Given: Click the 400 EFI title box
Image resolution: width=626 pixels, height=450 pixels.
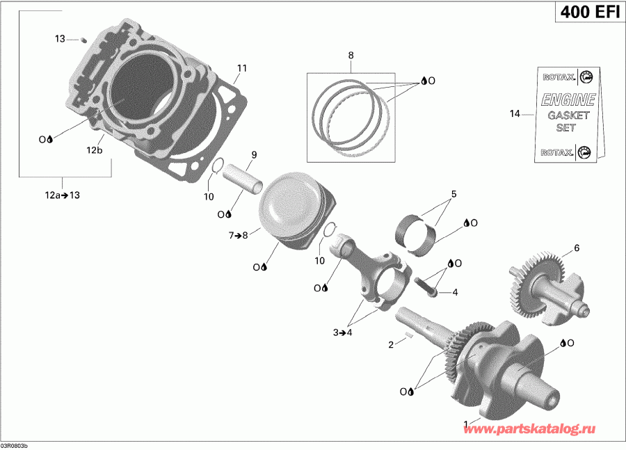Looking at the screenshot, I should (x=588, y=13).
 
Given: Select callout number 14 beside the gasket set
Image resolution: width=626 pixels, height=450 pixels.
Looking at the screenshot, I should (x=515, y=113).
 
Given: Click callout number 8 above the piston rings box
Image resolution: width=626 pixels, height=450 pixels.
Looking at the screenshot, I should (x=351, y=55).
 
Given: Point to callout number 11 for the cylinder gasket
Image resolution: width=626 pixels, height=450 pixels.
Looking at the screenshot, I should (x=241, y=68).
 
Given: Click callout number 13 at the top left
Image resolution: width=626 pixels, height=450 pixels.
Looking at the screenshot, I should (x=60, y=39).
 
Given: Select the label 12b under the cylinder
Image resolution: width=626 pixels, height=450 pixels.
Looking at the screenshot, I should (x=95, y=150).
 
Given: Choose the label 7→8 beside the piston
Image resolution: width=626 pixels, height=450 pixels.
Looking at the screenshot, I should (x=238, y=236).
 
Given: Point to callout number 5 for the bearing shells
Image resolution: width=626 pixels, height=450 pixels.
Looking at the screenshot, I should (x=453, y=194).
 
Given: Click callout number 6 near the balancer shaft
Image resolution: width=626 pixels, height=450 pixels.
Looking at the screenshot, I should (x=576, y=248).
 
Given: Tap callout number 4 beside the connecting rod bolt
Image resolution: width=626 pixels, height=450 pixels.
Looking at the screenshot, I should (x=455, y=293).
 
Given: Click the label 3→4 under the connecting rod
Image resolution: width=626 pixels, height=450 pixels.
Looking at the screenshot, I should (x=343, y=333).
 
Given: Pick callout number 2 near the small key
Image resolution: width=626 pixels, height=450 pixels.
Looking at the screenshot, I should (x=392, y=344).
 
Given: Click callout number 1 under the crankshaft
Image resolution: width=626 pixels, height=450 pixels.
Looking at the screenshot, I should (x=466, y=423).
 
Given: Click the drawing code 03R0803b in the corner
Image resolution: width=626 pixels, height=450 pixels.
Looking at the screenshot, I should (x=15, y=444).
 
